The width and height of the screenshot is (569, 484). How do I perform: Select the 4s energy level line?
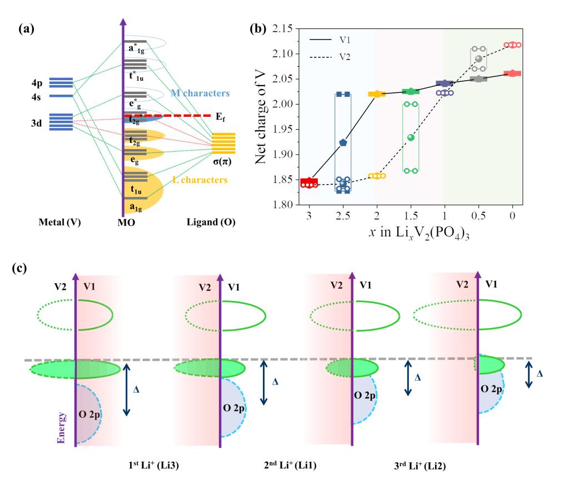pyautogui.click(x=61, y=96)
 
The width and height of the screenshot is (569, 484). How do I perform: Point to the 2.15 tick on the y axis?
pyautogui.click(x=288, y=29)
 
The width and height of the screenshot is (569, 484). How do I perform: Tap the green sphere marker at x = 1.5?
pyautogui.click(x=411, y=137)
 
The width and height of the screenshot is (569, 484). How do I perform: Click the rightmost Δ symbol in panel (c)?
pyautogui.click(x=538, y=373)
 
